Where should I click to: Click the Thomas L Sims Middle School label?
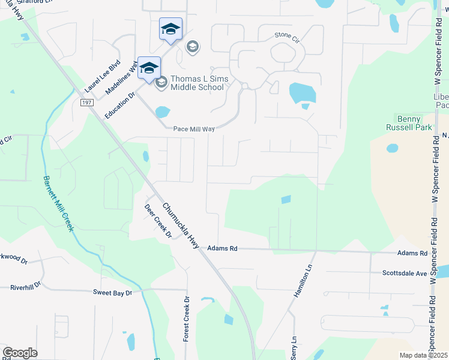[197, 83]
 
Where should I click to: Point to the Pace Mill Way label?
[193, 128]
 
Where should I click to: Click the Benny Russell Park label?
[414, 123]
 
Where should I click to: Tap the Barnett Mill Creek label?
[58, 203]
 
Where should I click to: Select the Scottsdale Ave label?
[405, 273]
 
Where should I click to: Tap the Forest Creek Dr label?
[186, 320]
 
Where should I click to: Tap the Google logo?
[20, 352]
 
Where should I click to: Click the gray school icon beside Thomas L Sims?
[161, 83]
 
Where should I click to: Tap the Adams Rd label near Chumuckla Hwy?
[223, 248]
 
